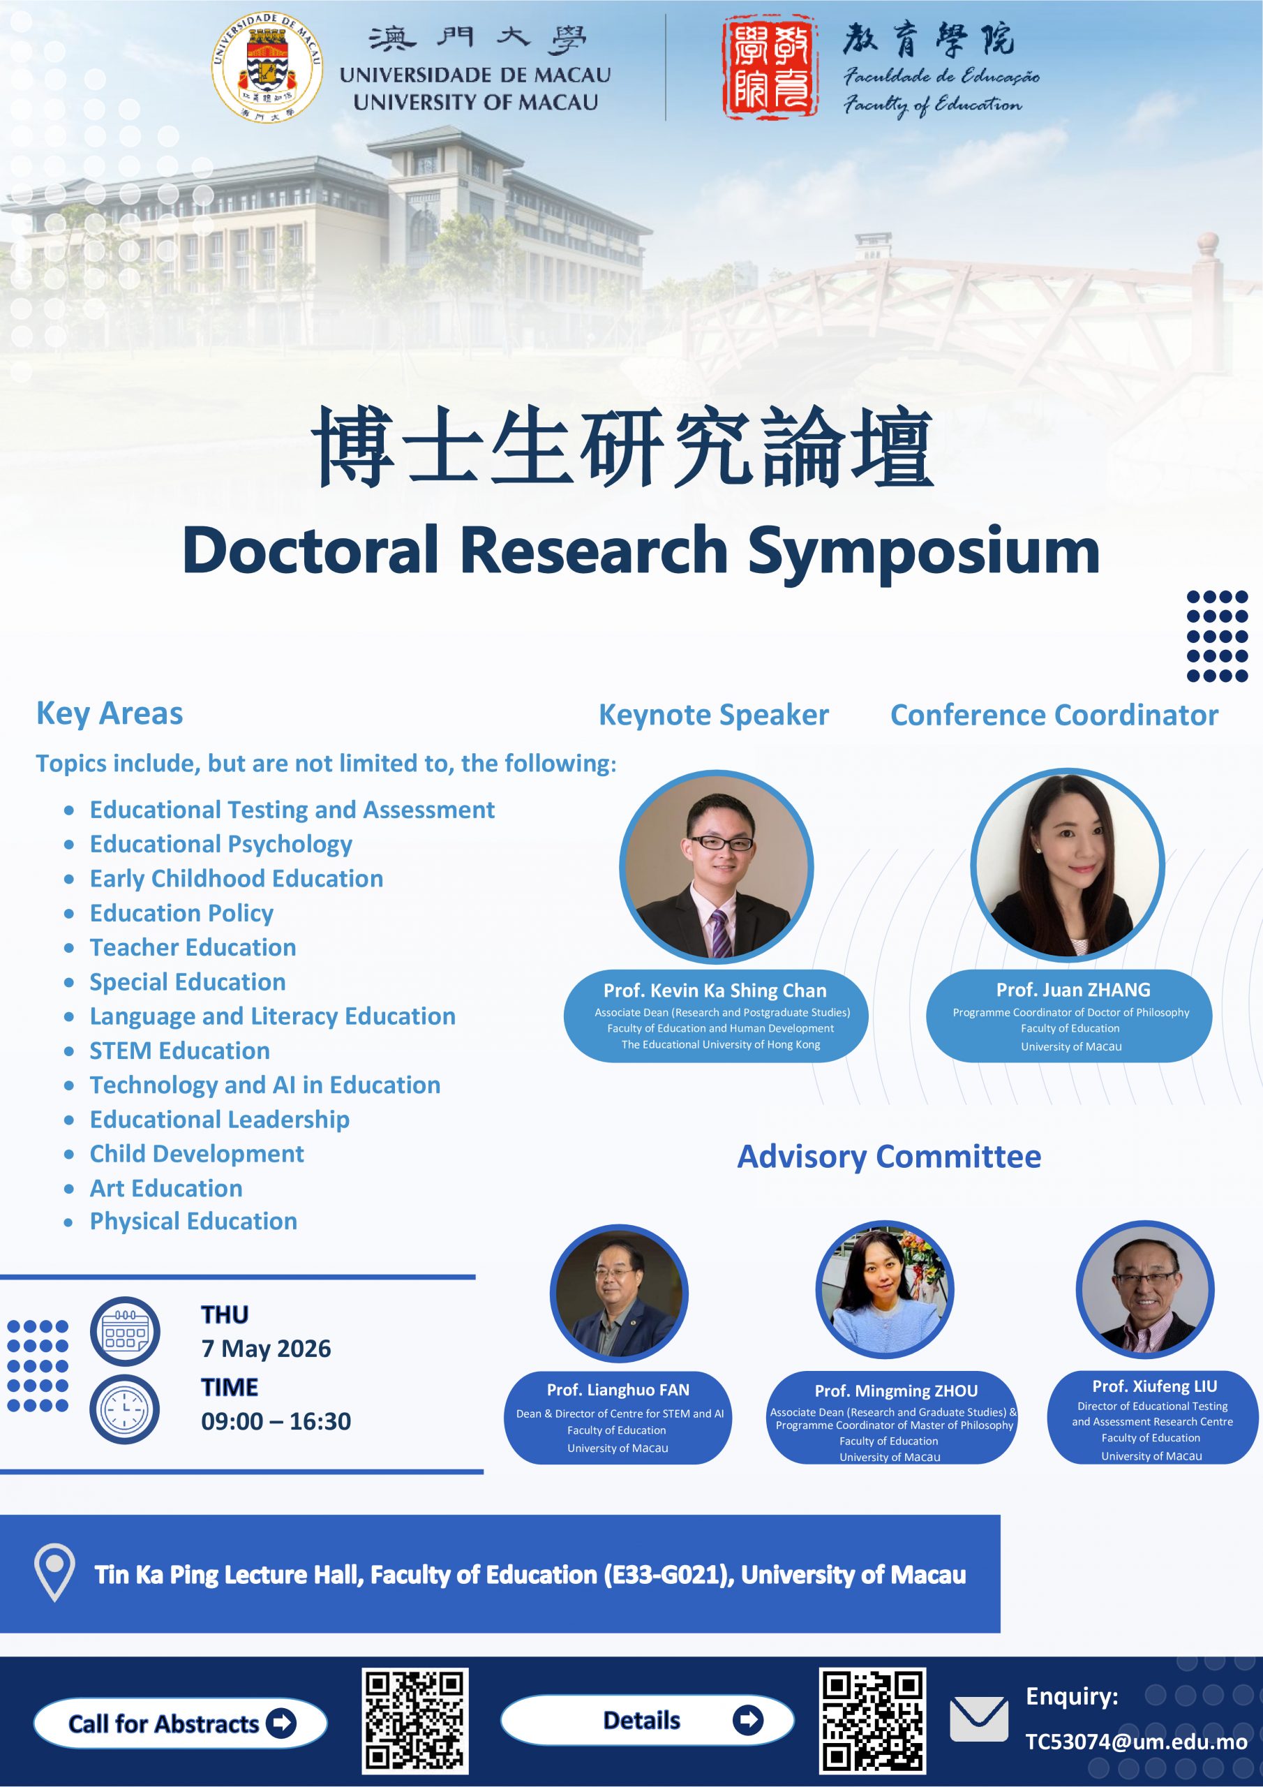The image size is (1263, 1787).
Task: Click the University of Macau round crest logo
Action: click(267, 68)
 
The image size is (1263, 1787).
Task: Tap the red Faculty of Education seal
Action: click(770, 68)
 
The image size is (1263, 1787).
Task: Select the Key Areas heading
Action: click(110, 713)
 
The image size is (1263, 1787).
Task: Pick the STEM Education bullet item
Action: click(180, 1051)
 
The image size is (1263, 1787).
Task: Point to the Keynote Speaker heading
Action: click(714, 715)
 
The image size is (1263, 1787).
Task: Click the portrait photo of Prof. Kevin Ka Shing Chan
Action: click(716, 867)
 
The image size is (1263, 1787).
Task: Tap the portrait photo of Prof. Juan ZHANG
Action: click(1067, 865)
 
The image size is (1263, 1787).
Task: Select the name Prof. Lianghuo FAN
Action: click(618, 1390)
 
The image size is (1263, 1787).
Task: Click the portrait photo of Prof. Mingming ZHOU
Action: click(885, 1290)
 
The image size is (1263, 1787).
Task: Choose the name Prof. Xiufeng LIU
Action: click(1154, 1386)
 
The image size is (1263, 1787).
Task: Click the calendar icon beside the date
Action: click(126, 1331)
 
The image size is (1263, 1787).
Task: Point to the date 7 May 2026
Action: click(266, 1349)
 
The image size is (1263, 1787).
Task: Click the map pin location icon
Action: click(55, 1573)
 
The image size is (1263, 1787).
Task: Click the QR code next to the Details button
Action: click(872, 1721)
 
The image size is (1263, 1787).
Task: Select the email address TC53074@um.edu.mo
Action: click(1135, 1742)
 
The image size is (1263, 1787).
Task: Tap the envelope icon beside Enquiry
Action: click(979, 1719)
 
